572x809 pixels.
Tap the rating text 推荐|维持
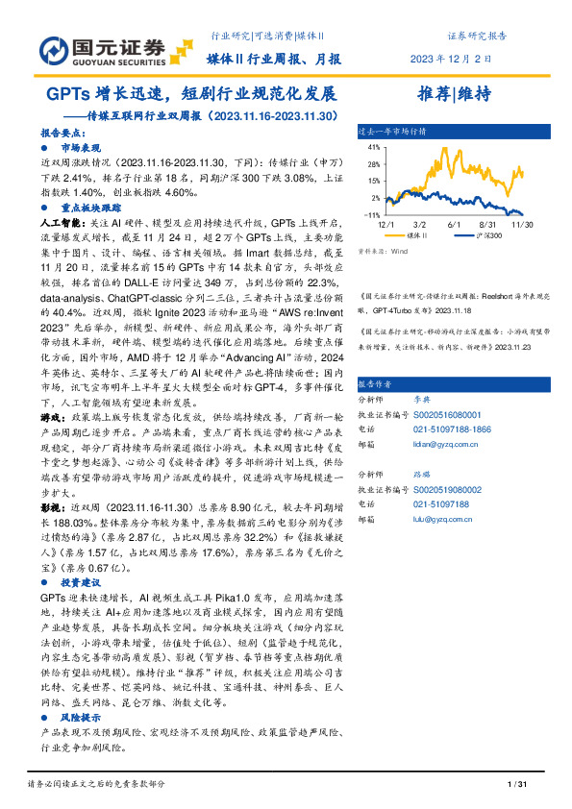pos(455,94)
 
